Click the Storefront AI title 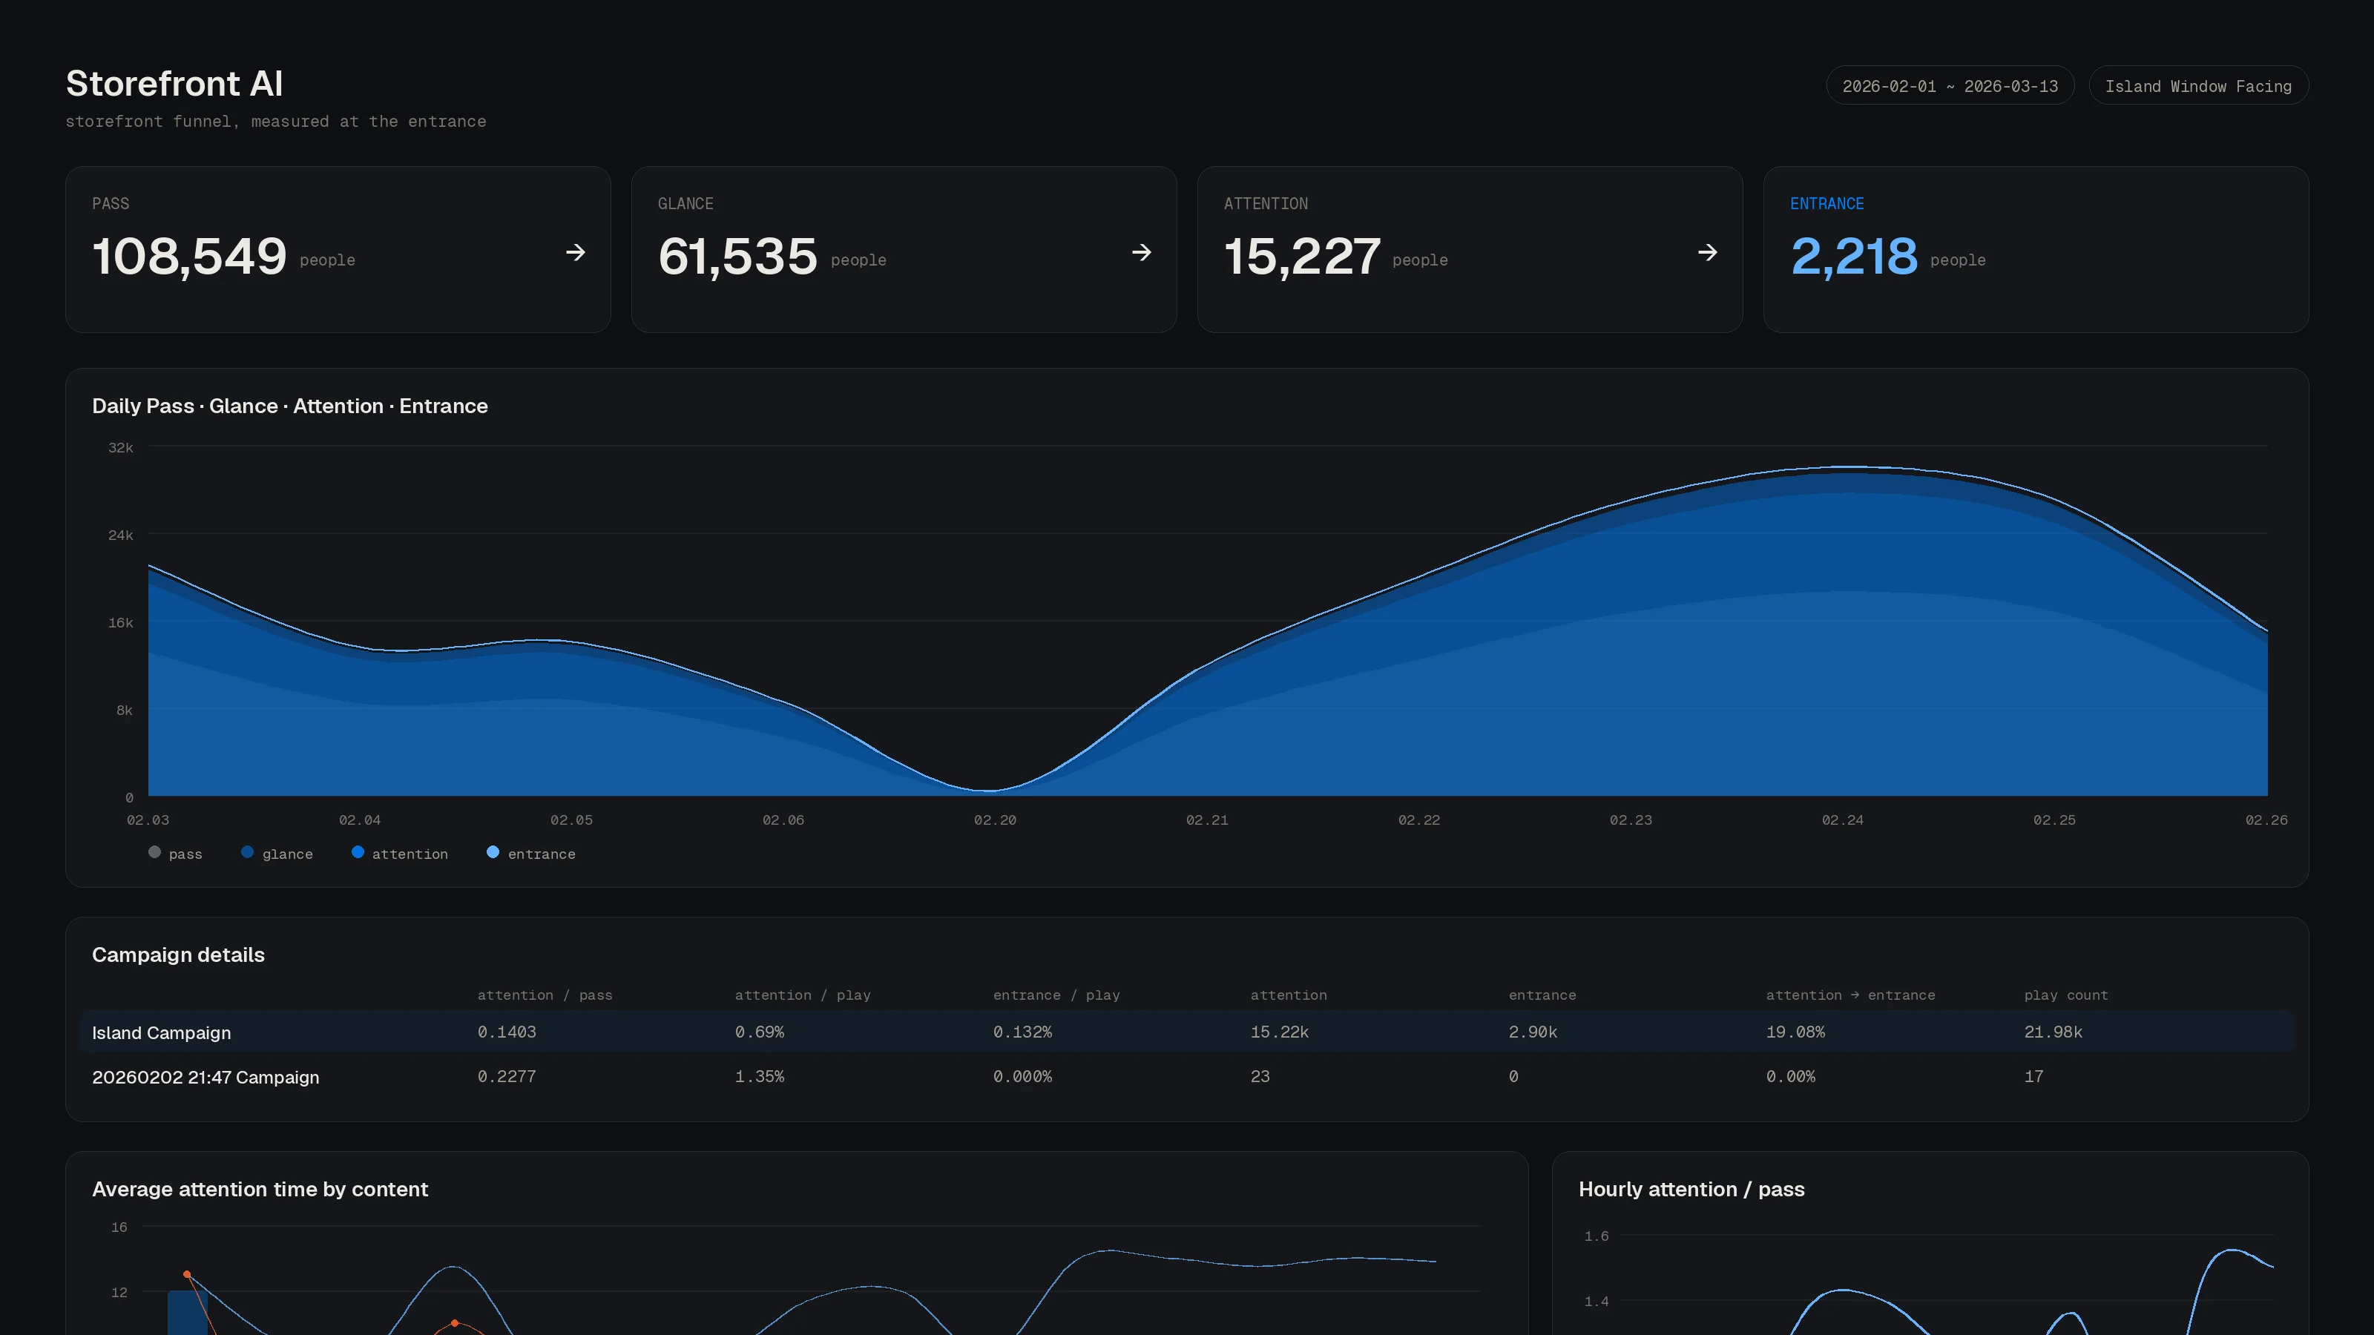(174, 84)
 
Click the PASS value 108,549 (189, 255)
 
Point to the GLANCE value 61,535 (737, 255)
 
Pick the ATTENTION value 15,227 (1301, 255)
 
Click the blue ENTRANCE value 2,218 (1853, 255)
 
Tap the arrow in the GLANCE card (1141, 252)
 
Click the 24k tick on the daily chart (121, 535)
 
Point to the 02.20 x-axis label (994, 820)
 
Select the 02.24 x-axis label (1841, 820)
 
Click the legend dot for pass (155, 852)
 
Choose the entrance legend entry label (541, 854)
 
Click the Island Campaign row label (161, 1033)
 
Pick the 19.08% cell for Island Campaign (1795, 1032)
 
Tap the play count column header (2065, 995)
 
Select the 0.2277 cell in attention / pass (506, 1076)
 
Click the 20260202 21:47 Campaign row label (205, 1077)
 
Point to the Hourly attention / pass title (1691, 1190)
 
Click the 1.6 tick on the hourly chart (1597, 1236)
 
